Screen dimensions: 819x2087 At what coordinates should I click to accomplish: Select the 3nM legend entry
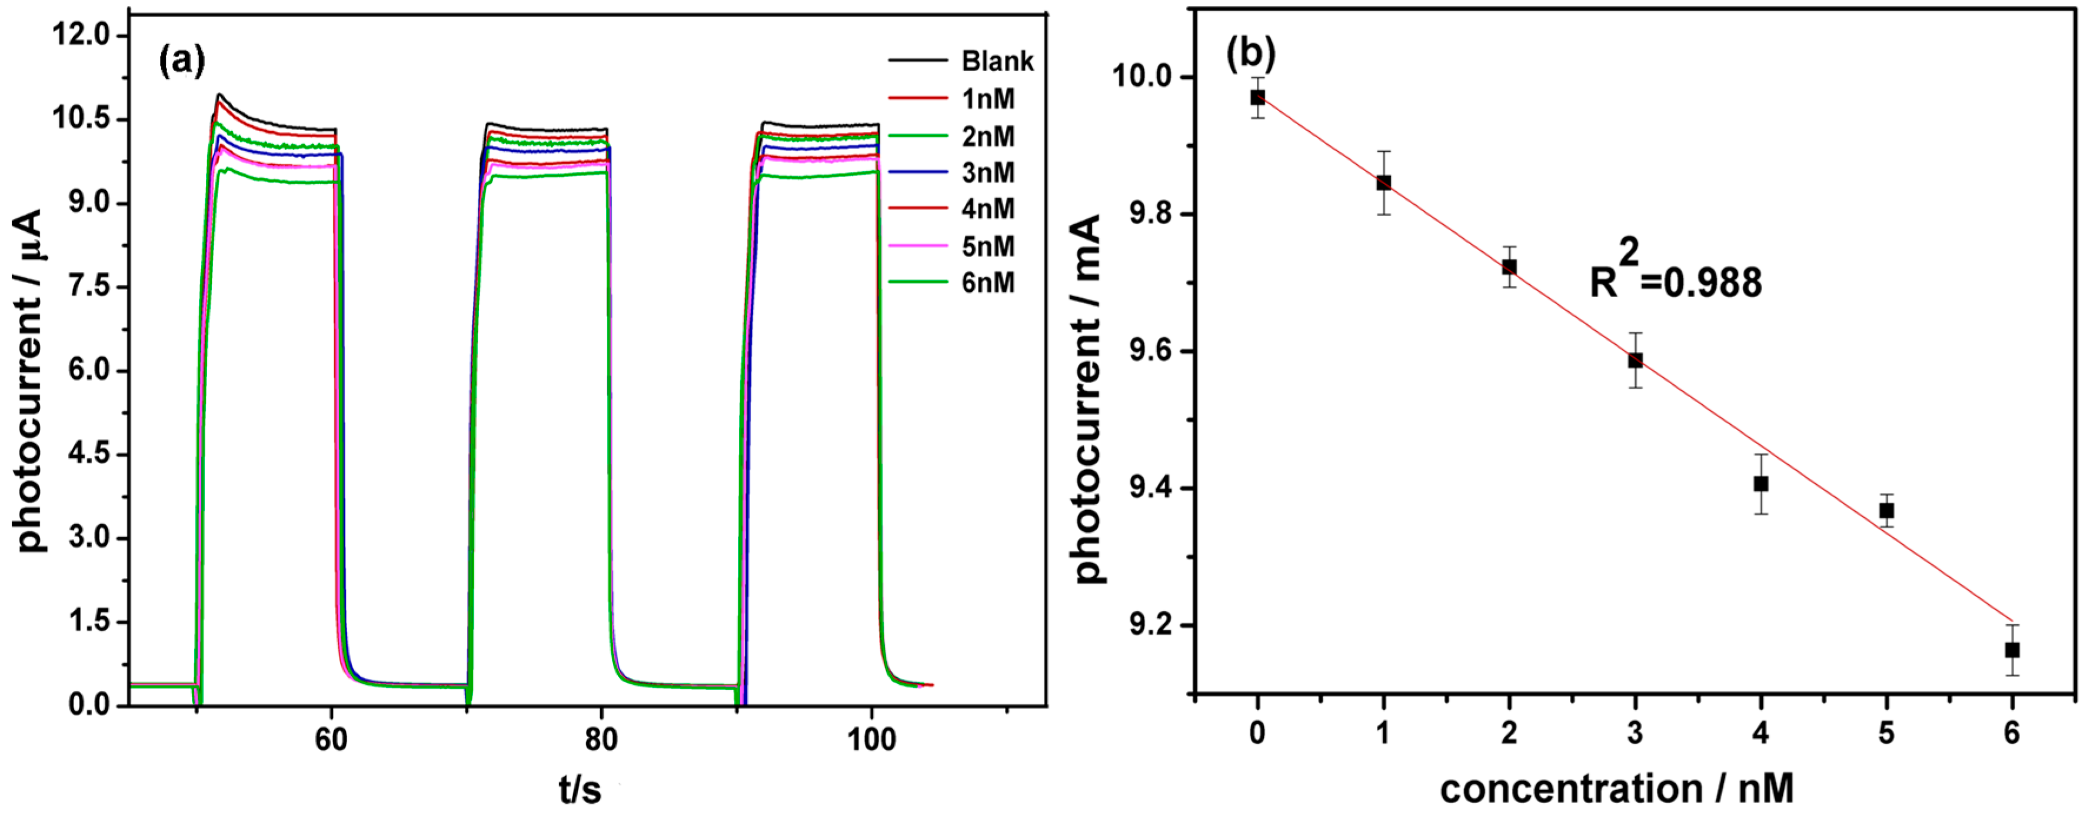[x=987, y=172]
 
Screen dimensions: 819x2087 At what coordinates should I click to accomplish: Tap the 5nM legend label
[x=987, y=247]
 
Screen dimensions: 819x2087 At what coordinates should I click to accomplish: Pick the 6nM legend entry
[x=987, y=283]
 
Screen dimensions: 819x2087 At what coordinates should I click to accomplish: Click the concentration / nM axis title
[x=1616, y=788]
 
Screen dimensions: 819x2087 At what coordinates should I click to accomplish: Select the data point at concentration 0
[x=1257, y=97]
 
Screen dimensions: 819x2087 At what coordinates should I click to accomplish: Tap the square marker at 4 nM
[x=1760, y=484]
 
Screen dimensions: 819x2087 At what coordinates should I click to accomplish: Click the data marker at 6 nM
[x=2012, y=650]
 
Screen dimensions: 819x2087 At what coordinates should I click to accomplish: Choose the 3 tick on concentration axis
[x=1635, y=733]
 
